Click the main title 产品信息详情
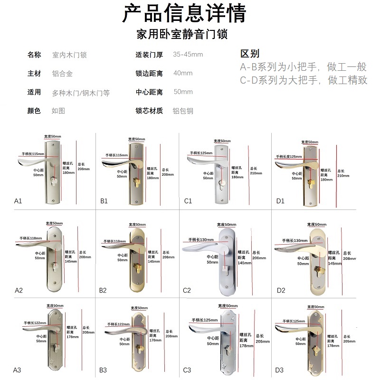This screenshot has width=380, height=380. click(185, 14)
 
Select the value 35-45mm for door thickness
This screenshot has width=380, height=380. click(188, 55)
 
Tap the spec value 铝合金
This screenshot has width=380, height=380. click(62, 74)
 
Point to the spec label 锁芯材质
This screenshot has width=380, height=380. click(149, 111)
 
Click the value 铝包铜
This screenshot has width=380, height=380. click(183, 111)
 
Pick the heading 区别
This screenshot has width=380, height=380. click(250, 54)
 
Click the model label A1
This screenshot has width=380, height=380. click(18, 201)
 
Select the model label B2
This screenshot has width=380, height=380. click(103, 290)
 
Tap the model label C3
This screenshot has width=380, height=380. click(187, 370)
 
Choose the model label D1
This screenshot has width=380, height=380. click(280, 201)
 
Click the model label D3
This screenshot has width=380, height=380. click(279, 370)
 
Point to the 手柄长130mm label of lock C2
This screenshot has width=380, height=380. click(201, 239)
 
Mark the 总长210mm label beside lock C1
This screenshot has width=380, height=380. click(253, 171)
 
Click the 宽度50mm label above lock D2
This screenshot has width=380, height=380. click(317, 224)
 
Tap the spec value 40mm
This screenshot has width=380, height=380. click(183, 74)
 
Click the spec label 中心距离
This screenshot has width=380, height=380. click(149, 92)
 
